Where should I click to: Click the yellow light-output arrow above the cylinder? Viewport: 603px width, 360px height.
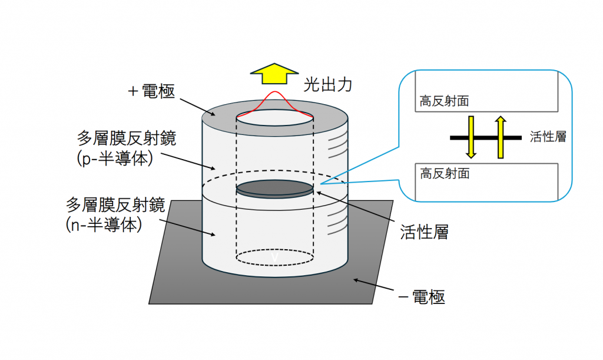(x=275, y=74)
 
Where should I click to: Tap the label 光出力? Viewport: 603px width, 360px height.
(x=327, y=85)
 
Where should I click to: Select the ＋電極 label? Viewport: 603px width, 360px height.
(x=151, y=92)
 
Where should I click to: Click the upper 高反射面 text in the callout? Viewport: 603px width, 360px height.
(x=445, y=101)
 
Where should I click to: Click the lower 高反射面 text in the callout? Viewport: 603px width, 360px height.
(x=445, y=174)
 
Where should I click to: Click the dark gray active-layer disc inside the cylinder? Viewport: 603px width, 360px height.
(x=274, y=189)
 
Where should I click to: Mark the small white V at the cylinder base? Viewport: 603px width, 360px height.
(x=274, y=258)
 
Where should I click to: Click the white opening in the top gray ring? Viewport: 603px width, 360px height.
(x=274, y=117)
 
